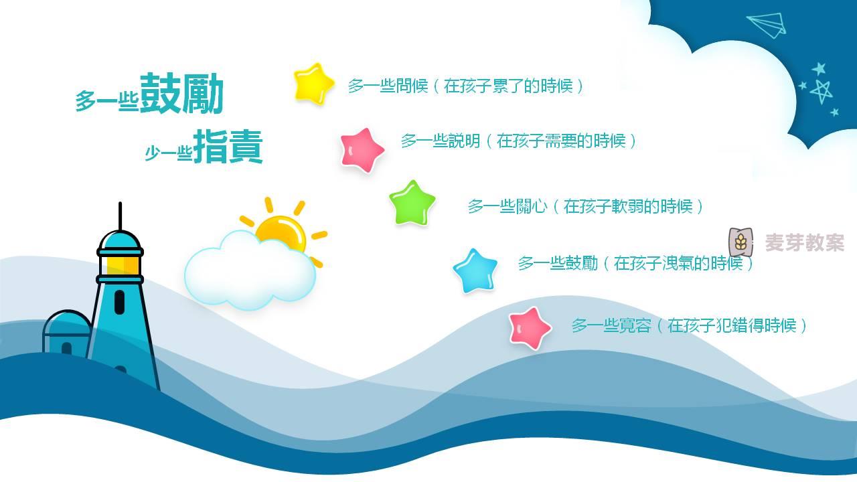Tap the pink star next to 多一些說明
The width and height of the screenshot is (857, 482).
[x=362, y=150]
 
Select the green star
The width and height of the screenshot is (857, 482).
[x=412, y=203]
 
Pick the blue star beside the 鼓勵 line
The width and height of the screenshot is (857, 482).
[x=475, y=271]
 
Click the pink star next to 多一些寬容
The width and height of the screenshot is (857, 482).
[x=530, y=328]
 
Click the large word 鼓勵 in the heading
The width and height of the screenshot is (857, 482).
[x=181, y=94]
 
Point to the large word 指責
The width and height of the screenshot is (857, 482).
[x=228, y=147]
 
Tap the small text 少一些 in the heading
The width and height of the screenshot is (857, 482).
[x=168, y=153]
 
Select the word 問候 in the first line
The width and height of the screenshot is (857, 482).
[x=412, y=86]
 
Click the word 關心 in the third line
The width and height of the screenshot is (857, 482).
[x=532, y=207]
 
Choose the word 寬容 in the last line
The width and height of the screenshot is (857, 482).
[x=635, y=325]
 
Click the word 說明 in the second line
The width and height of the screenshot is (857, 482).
[x=465, y=141]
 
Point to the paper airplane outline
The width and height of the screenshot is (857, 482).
[x=767, y=25]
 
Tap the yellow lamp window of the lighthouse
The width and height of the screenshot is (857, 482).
[x=119, y=264]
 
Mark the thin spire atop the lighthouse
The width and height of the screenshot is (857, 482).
[x=120, y=216]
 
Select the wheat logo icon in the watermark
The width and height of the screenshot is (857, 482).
[x=741, y=242]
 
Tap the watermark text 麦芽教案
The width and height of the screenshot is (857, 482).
[x=805, y=242]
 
